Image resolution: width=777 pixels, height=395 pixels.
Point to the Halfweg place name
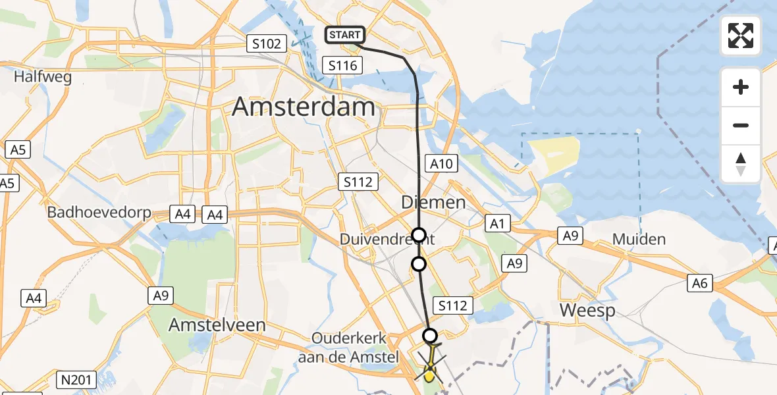click(43, 77)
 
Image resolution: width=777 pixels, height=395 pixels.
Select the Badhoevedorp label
click(99, 213)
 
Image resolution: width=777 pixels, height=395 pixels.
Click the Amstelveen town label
click(217, 325)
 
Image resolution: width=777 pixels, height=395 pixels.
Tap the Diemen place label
click(433, 202)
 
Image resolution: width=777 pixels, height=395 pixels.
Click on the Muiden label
click(639, 239)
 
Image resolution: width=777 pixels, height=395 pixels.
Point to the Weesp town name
click(587, 310)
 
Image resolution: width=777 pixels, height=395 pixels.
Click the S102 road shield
click(267, 44)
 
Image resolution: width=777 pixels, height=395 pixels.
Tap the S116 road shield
click(342, 65)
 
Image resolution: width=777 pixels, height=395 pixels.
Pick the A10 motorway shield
click(441, 163)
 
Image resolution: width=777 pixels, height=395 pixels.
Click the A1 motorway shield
click(497, 224)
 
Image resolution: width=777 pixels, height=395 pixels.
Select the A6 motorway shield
click(699, 283)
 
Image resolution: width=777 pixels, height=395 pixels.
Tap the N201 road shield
click(78, 380)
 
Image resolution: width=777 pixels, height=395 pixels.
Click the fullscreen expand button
click(741, 36)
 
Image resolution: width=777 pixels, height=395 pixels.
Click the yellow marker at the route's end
click(429, 375)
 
